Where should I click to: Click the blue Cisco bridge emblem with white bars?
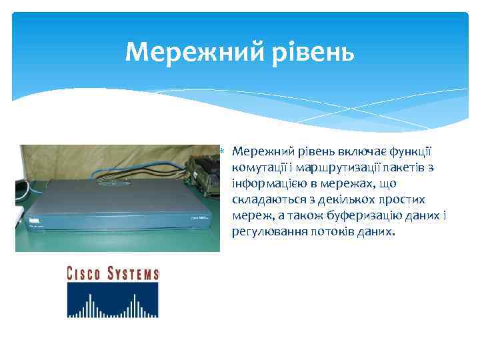[112, 300]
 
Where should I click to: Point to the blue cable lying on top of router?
[120, 177]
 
